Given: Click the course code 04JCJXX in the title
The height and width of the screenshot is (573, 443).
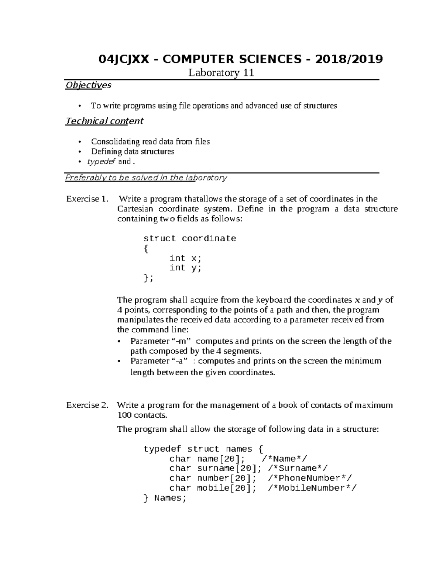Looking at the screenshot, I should tap(124, 59).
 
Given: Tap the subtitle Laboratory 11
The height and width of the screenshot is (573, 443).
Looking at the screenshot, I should tap(221, 73).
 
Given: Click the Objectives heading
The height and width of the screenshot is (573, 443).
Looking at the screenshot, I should tap(88, 85).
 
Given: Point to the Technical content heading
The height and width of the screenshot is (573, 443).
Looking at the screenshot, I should tap(104, 121).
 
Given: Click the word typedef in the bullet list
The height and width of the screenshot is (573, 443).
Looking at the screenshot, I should tap(102, 162).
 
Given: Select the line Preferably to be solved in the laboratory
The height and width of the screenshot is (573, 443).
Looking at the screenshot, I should tap(146, 178).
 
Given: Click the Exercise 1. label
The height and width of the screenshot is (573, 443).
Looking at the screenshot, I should tap(87, 199).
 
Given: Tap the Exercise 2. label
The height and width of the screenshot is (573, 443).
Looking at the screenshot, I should tap(87, 405).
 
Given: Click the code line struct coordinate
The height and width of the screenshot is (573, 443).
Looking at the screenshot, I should tap(190, 239).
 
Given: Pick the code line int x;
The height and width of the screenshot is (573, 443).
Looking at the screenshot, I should tap(185, 258).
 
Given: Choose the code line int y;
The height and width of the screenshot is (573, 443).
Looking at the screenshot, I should tap(185, 268).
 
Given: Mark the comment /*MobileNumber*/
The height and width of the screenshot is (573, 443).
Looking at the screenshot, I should tap(313, 488).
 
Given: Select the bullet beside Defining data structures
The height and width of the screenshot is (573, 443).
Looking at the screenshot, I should tap(79, 152).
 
